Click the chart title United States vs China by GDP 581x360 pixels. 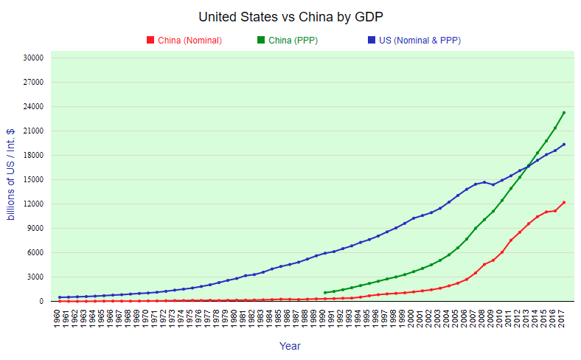pos(290,17)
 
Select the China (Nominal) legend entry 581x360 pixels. pos(189,41)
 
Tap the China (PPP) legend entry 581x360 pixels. pos(293,41)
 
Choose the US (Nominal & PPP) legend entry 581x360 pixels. pos(420,41)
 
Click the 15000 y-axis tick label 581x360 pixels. pos(34,180)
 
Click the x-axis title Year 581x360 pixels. pos(290,346)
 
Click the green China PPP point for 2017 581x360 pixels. pos(564,113)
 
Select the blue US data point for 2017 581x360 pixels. pos(564,145)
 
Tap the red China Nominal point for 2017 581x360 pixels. pos(564,202)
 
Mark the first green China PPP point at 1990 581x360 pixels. pos(325,292)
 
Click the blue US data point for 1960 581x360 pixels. pos(60,297)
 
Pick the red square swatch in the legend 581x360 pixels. pos(150,41)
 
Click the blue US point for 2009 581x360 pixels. pos(493,184)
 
